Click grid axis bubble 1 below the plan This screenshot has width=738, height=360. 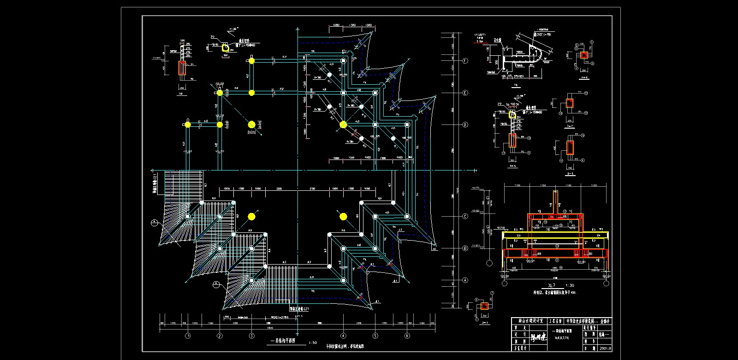coord(188,336)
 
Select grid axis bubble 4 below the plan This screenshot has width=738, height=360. coord(343,336)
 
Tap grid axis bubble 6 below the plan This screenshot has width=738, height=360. coord(407,336)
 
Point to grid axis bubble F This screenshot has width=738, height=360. coord(465,61)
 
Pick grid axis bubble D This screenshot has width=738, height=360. coord(465,125)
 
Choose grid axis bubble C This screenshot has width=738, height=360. coord(465,216)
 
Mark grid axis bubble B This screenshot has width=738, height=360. coord(465,248)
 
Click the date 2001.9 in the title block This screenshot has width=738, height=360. coord(605,348)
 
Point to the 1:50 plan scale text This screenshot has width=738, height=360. coord(312,342)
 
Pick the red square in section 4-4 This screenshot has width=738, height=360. coord(584,55)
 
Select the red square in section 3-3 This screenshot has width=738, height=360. coord(485,306)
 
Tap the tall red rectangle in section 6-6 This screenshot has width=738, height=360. coord(571,148)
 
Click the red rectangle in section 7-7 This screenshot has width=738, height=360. coord(570,103)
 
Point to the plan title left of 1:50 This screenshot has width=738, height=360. coord(282,342)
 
